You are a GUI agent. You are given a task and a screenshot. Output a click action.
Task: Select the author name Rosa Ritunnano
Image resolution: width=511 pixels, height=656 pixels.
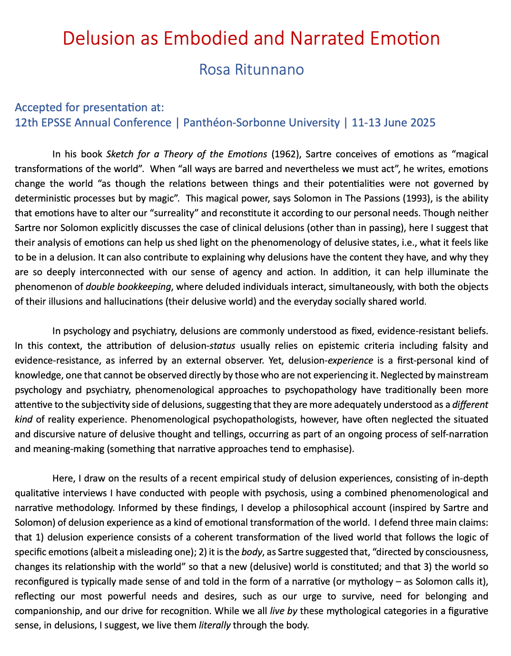click(x=251, y=69)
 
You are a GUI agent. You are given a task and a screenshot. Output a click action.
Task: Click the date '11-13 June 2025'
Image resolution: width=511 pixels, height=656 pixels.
click(x=393, y=123)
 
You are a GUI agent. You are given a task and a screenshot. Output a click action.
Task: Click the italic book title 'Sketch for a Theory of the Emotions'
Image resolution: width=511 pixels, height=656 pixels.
click(x=187, y=154)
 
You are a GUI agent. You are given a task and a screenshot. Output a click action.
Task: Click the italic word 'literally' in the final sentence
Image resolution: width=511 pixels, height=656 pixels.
click(x=214, y=626)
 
